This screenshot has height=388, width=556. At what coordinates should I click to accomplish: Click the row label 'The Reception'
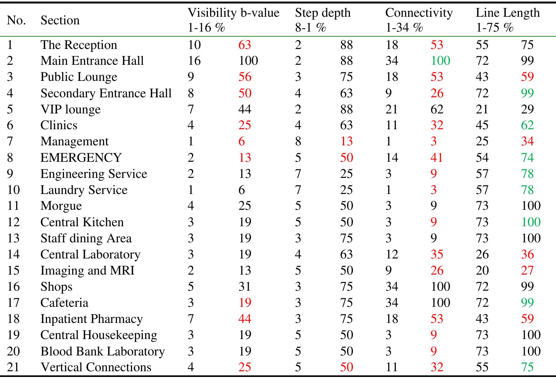tap(79, 45)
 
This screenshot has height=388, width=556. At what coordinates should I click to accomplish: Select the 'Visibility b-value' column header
tap(233, 13)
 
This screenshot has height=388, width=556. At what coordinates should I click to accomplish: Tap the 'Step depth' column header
tap(323, 13)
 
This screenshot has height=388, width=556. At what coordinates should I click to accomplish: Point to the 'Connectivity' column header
tap(419, 13)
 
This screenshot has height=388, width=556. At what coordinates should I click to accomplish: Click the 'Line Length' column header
tap(508, 13)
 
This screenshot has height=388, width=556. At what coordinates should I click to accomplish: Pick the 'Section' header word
tap(60, 20)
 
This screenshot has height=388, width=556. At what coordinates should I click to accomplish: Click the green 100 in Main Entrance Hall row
tap(440, 61)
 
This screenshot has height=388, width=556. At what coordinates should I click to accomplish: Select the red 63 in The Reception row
tap(245, 45)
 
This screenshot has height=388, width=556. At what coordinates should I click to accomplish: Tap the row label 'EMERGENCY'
tap(81, 157)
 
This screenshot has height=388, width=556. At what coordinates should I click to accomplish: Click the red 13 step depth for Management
tap(346, 141)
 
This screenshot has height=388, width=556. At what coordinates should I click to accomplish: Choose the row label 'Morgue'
tap(61, 206)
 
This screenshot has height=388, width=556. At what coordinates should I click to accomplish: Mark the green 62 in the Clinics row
tap(527, 125)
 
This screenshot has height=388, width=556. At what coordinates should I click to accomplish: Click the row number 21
tap(13, 367)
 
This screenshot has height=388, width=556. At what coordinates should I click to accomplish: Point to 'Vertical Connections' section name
tap(96, 367)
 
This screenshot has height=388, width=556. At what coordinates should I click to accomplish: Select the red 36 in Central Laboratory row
tap(527, 254)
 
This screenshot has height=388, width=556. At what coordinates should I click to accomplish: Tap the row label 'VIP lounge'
tap(70, 109)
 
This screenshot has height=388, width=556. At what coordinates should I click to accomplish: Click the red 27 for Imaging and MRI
tap(527, 270)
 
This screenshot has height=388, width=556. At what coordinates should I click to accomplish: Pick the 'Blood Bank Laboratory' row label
tap(102, 351)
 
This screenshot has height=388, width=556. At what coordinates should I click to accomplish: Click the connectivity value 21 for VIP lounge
tap(392, 109)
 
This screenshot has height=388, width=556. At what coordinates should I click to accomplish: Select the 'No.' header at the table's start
tap(16, 20)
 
